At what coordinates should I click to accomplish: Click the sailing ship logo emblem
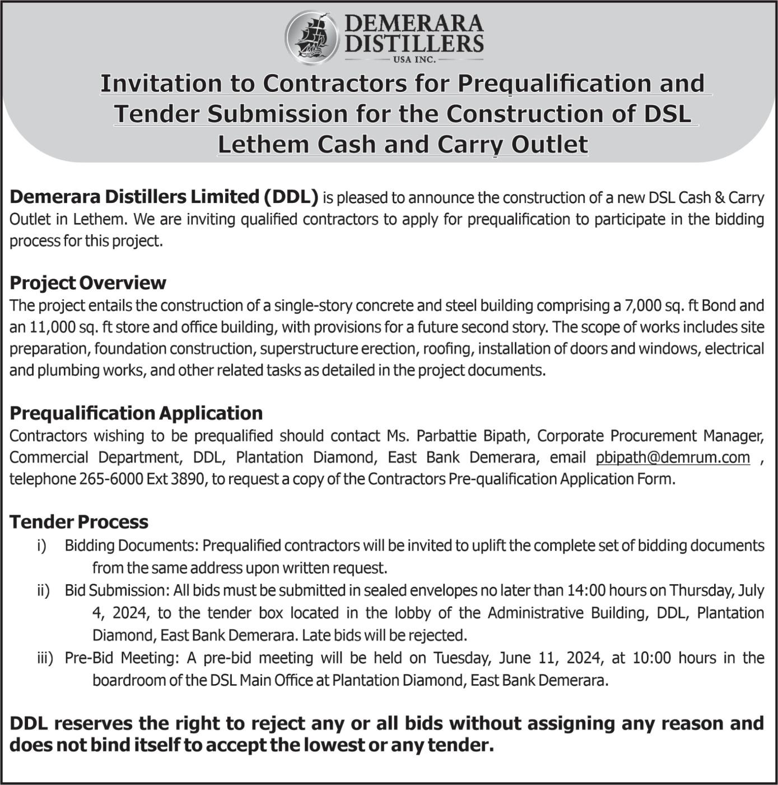pyautogui.click(x=311, y=38)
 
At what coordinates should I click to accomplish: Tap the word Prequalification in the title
pyautogui.click(x=555, y=84)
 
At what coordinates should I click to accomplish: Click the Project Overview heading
pyautogui.click(x=88, y=283)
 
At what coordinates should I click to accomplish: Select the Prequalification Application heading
pyautogui.click(x=136, y=413)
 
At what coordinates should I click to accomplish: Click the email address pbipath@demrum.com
pyautogui.click(x=673, y=458)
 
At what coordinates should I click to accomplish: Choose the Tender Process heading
pyautogui.click(x=79, y=522)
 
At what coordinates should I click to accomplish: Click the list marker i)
pyautogui.click(x=41, y=546)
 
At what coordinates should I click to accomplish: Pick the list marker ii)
pyautogui.click(x=43, y=590)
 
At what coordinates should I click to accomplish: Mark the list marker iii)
pyautogui.click(x=45, y=658)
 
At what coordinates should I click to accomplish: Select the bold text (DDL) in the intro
pyautogui.click(x=291, y=197)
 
